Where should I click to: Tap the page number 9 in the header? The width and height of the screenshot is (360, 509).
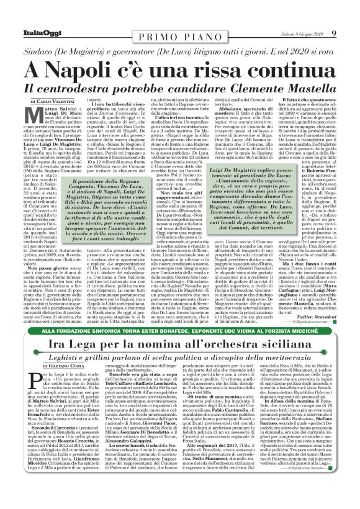[x=333, y=32]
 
